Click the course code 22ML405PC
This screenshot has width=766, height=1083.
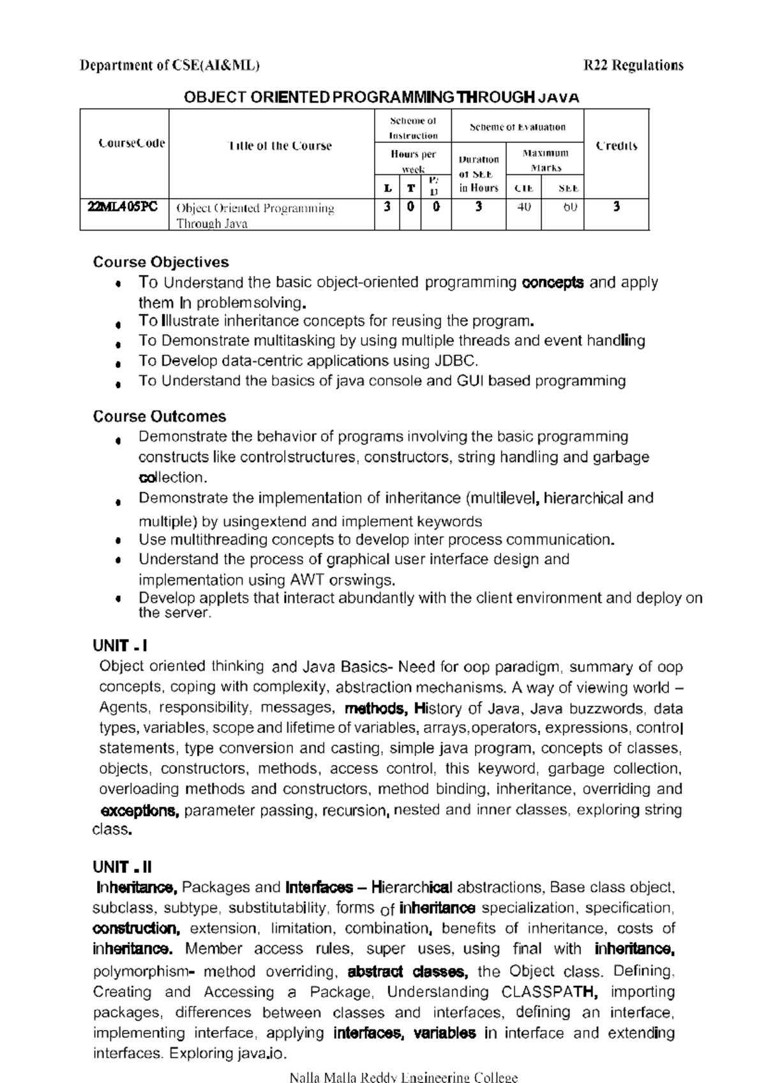point(123,207)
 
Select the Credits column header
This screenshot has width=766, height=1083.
point(616,146)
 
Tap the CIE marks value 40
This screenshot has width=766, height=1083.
point(523,207)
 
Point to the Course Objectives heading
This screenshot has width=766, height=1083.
point(161,262)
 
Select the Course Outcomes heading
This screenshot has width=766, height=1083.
point(160,417)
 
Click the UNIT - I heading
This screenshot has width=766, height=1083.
point(121,646)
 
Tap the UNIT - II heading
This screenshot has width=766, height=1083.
point(123,867)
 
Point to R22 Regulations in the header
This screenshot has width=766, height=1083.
point(634,65)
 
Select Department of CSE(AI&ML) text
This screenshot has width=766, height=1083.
point(169,65)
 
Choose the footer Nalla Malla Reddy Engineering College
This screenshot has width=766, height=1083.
point(403,1077)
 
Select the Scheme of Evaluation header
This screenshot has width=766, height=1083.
point(517,127)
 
